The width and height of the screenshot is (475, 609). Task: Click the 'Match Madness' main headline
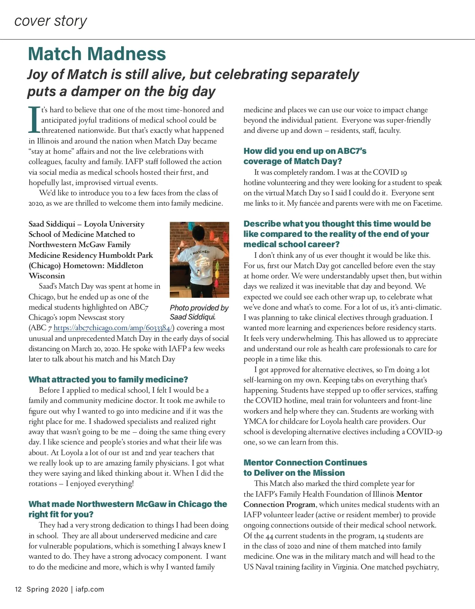[97, 54]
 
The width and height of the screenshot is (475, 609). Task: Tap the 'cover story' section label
[51, 21]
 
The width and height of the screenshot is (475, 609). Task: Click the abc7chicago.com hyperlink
[113, 328]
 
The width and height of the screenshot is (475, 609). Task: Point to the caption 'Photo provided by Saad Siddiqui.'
[199, 312]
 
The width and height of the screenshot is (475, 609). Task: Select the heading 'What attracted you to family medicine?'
[108, 380]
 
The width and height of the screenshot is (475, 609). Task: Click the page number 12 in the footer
[18, 589]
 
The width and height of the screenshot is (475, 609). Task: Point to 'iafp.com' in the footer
[90, 589]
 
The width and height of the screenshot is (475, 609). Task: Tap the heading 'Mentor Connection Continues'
[305, 463]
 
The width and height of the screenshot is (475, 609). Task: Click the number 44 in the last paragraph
[270, 536]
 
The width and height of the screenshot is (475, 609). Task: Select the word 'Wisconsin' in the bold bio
[47, 276]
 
